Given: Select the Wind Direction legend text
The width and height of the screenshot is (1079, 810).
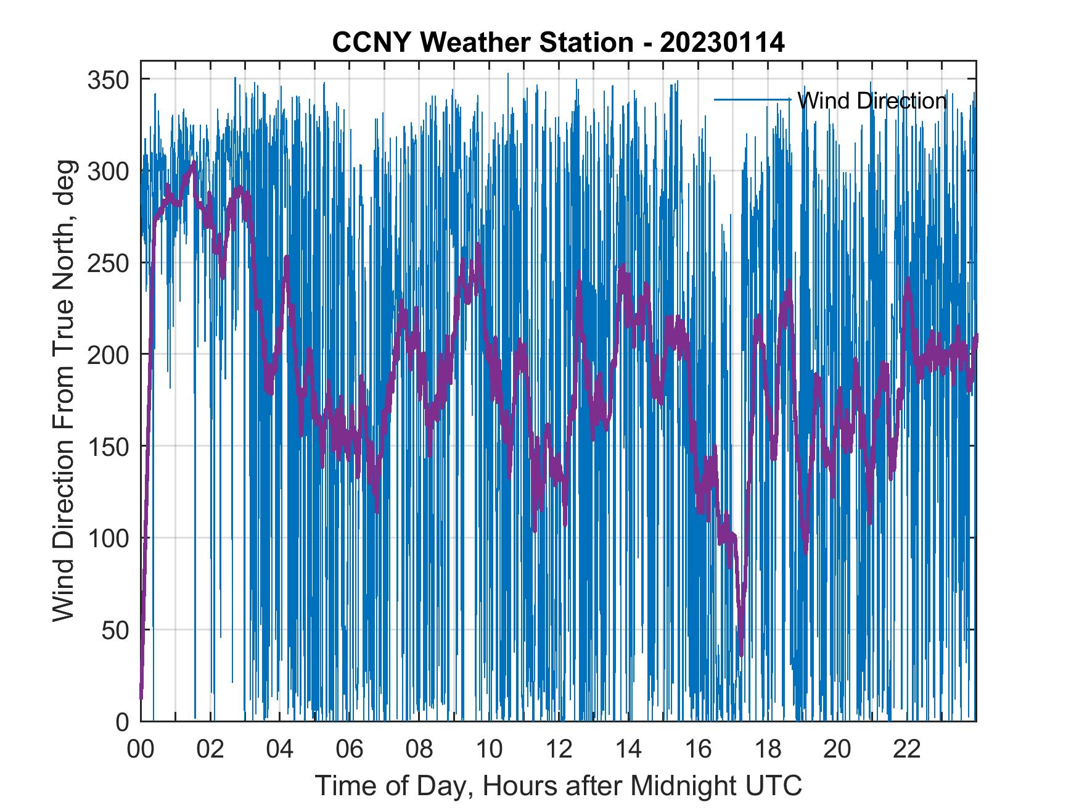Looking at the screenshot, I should pyautogui.click(x=871, y=101).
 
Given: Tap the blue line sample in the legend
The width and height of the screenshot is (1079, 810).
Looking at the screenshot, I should pyautogui.click(x=752, y=99).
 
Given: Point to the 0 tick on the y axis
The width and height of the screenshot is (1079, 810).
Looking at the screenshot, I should pyautogui.click(x=123, y=721).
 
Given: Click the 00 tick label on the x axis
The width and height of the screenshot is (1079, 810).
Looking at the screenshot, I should pyautogui.click(x=141, y=750).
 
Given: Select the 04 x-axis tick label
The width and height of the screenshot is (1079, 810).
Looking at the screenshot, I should pyautogui.click(x=280, y=750).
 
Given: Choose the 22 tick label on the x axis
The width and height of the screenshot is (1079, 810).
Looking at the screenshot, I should pyautogui.click(x=907, y=750).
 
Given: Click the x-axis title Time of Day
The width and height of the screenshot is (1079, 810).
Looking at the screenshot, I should pyautogui.click(x=558, y=785).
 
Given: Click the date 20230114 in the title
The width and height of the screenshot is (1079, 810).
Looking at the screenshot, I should pyautogui.click(x=722, y=43).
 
